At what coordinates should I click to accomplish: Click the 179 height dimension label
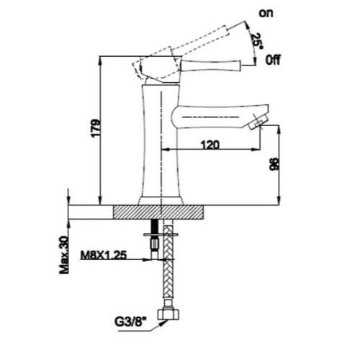coord(96,128)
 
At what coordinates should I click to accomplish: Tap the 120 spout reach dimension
coord(210,145)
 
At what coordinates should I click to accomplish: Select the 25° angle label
coord(257,41)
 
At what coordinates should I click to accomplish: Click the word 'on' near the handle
coord(266,14)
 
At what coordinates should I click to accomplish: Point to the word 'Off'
coord(273,60)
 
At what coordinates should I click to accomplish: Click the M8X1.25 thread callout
coord(103,256)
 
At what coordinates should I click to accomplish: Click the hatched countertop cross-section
coord(158,212)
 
